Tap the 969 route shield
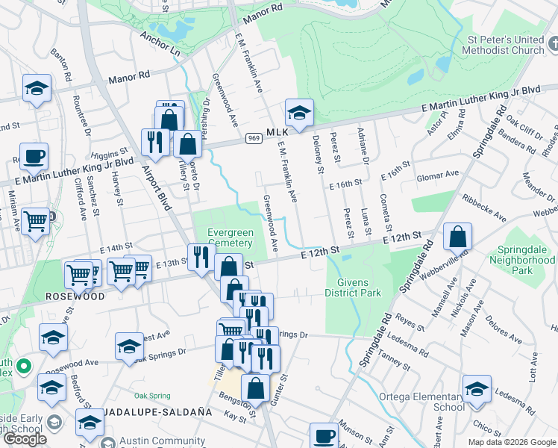point(254,138)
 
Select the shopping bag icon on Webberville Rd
point(457,237)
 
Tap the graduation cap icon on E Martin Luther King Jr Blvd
point(299,113)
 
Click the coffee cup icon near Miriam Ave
point(34,157)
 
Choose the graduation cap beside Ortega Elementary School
point(477,389)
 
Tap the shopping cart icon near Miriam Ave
point(36,221)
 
